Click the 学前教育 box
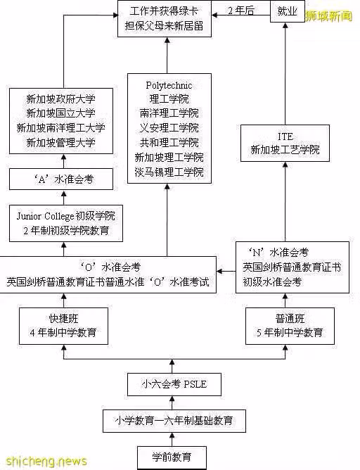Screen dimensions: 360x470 point(172,457)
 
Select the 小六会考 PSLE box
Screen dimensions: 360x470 point(174,384)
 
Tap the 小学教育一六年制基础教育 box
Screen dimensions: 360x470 point(174,421)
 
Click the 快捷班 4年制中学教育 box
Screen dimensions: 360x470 point(63,326)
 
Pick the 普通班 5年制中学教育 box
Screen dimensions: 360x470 point(290,326)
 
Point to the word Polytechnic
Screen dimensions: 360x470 point(169,85)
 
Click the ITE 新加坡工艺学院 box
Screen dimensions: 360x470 point(285,144)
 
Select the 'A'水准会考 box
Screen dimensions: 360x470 point(61,179)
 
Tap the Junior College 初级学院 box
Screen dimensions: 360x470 point(66,223)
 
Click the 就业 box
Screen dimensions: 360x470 point(287,11)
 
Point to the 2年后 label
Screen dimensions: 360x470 point(240,11)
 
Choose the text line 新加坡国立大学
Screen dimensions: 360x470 point(60,113)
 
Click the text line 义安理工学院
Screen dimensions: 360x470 point(169,128)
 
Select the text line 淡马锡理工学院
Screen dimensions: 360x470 point(169,172)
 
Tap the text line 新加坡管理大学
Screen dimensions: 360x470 point(60,143)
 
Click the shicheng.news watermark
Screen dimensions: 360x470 point(46,461)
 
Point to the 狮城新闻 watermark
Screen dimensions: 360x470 point(328,16)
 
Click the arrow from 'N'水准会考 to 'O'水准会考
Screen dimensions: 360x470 point(226,272)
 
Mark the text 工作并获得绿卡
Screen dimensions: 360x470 point(164,11)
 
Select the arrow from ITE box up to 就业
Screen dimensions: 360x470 point(285,74)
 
